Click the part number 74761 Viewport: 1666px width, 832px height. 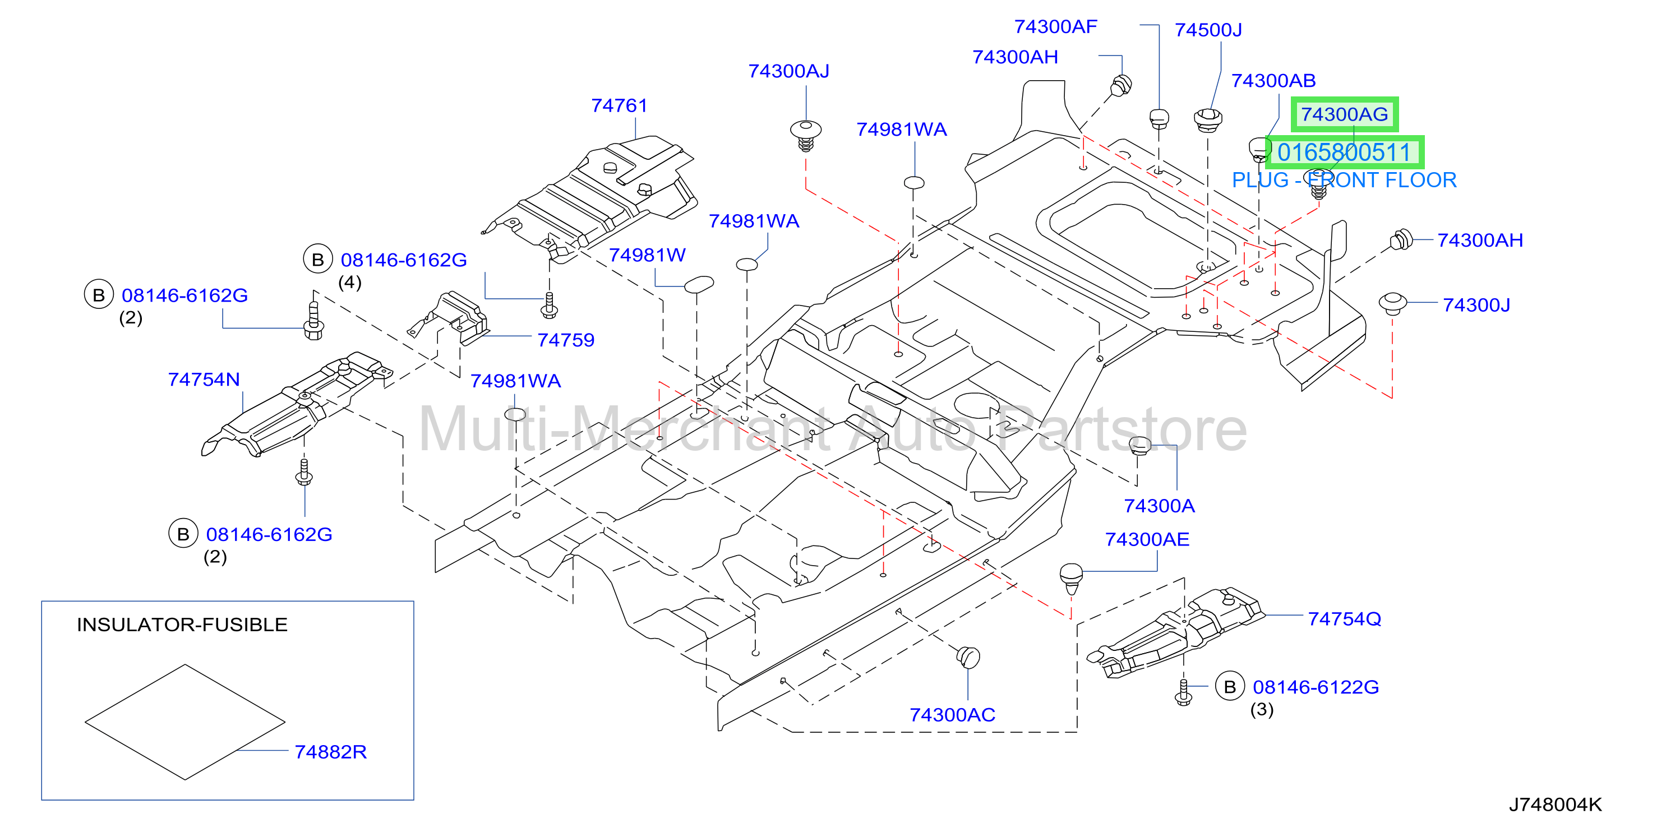(x=619, y=105)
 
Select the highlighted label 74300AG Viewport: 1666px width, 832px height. (x=1345, y=114)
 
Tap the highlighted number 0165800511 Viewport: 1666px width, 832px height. (x=1344, y=152)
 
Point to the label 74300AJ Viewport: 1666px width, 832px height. (x=788, y=71)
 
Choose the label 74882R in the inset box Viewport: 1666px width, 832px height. (x=330, y=752)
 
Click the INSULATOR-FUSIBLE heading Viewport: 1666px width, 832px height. (x=182, y=625)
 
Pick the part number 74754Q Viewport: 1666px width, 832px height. (x=1345, y=618)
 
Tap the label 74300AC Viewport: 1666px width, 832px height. (x=952, y=714)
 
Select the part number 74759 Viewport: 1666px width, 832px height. (x=566, y=340)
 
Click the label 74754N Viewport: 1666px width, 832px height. (x=204, y=380)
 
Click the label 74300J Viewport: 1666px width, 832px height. (x=1476, y=304)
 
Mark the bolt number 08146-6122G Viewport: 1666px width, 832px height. (x=1316, y=687)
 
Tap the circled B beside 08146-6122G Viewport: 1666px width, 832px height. (x=1230, y=687)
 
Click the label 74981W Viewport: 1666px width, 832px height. (x=647, y=255)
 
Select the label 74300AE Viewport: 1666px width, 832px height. (x=1147, y=539)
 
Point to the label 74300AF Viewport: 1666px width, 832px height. (x=1055, y=26)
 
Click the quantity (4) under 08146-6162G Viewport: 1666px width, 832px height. (x=350, y=283)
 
